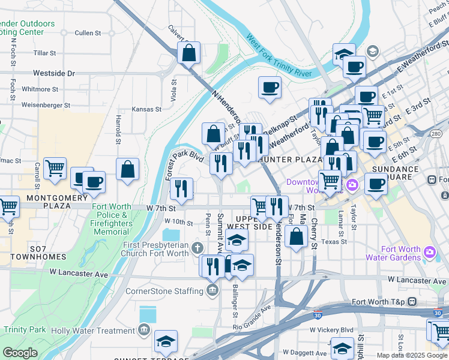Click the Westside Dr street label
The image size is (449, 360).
point(54,73)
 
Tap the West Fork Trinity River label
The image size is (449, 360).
point(279,56)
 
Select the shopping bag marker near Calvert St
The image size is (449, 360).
point(189,53)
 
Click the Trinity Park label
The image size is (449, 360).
point(24,329)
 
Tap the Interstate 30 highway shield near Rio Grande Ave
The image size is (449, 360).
point(318,313)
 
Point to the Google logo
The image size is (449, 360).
point(20,353)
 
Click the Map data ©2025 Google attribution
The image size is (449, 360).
point(411,355)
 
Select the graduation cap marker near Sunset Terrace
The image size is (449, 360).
point(166,341)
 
